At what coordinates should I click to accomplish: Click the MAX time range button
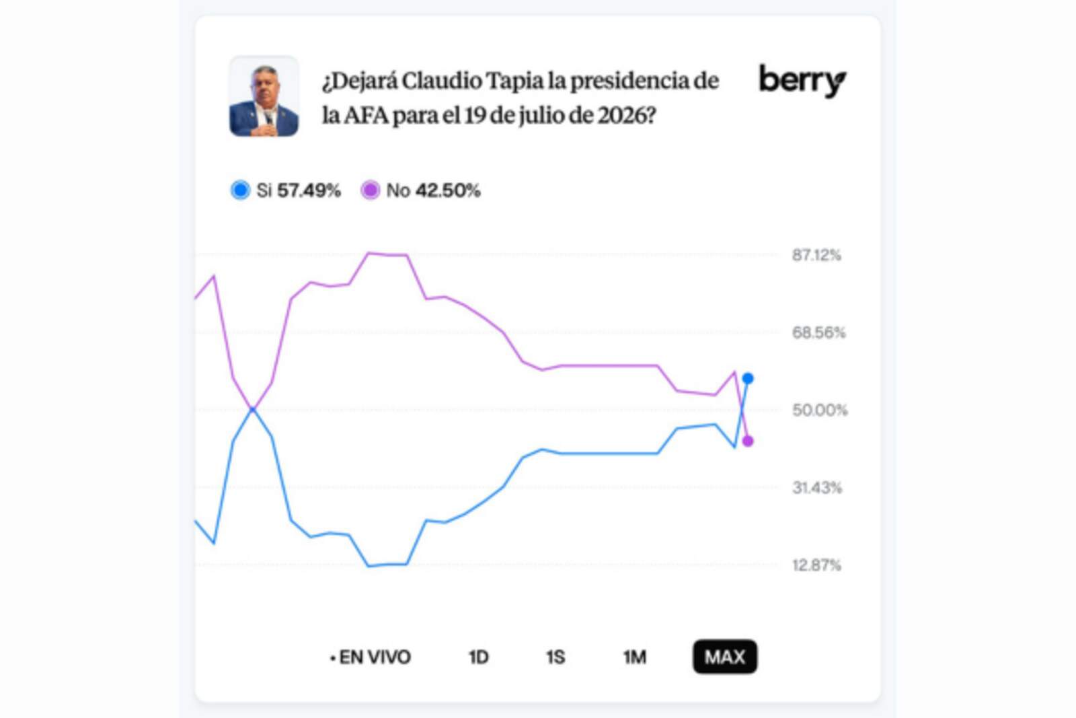tap(724, 657)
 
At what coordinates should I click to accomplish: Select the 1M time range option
tap(634, 657)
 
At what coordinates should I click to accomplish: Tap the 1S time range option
tap(555, 657)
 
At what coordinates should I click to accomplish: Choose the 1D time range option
tap(478, 657)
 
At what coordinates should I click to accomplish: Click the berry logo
tap(802, 81)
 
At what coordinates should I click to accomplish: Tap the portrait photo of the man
tap(264, 97)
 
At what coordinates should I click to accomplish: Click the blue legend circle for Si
tap(240, 190)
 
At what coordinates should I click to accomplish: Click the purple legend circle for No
tap(370, 190)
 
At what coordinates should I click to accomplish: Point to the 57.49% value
tap(309, 190)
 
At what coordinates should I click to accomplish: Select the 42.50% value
tap(448, 190)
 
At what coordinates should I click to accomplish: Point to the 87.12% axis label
tap(816, 255)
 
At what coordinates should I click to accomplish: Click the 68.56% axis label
tap(818, 332)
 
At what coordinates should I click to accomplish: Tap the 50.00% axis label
tap(819, 410)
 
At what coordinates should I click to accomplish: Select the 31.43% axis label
tap(816, 487)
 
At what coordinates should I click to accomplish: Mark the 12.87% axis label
tap(816, 565)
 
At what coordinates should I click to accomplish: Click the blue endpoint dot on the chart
tap(747, 379)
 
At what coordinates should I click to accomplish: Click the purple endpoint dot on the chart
tap(747, 441)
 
